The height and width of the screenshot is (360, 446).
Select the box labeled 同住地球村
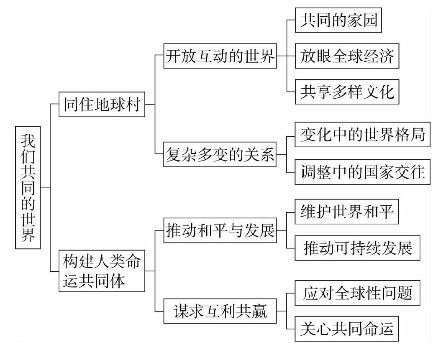click(x=102, y=104)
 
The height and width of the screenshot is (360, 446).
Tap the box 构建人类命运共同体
click(x=102, y=271)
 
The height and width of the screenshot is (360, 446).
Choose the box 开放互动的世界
click(x=220, y=56)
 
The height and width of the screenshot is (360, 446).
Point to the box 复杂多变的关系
click(x=220, y=154)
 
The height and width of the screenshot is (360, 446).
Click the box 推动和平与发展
click(x=220, y=230)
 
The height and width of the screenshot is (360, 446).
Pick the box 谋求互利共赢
click(x=220, y=311)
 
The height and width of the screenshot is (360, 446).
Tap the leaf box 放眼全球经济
click(x=347, y=56)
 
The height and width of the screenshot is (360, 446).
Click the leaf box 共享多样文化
click(x=347, y=91)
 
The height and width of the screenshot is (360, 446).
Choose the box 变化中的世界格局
click(x=362, y=135)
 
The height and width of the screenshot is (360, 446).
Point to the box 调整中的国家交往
click(x=362, y=172)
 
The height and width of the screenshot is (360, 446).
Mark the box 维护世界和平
click(x=347, y=212)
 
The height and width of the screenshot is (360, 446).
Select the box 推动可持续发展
click(x=357, y=248)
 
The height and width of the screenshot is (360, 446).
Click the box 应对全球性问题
click(x=357, y=293)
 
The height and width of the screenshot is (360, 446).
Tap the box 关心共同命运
click(x=347, y=329)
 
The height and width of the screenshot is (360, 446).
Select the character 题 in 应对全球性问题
click(x=405, y=293)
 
